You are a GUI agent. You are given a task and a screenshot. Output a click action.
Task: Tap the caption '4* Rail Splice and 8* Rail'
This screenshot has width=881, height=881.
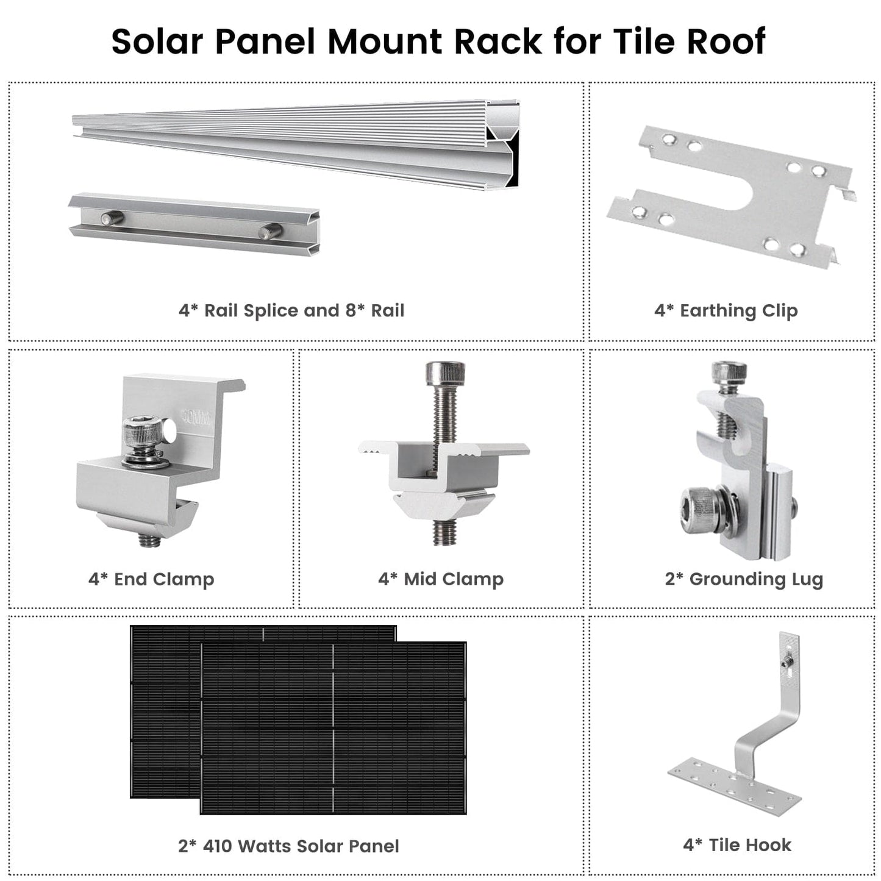pyautogui.click(x=291, y=310)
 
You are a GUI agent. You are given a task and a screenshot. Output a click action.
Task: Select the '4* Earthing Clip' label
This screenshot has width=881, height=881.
pyautogui.click(x=726, y=310)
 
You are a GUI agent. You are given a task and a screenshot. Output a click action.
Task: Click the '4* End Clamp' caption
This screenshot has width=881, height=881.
pyautogui.click(x=151, y=579)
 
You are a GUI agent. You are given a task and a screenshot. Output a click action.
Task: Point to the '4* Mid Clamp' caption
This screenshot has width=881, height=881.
pyautogui.click(x=441, y=579)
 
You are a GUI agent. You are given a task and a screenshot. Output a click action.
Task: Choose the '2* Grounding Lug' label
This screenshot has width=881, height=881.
pyautogui.click(x=743, y=579)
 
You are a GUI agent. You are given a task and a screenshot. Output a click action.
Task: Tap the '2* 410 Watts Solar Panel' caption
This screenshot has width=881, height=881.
pyautogui.click(x=288, y=846)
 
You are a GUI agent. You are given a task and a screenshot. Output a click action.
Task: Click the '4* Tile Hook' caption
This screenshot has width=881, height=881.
pyautogui.click(x=737, y=845)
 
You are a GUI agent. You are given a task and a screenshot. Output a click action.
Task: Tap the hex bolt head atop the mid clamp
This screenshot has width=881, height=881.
pyautogui.click(x=444, y=373)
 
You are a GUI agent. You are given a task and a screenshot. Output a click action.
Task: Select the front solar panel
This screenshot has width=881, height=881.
pyautogui.click(x=333, y=729)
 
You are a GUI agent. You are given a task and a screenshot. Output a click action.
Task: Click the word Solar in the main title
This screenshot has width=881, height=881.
pyautogui.click(x=156, y=41)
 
